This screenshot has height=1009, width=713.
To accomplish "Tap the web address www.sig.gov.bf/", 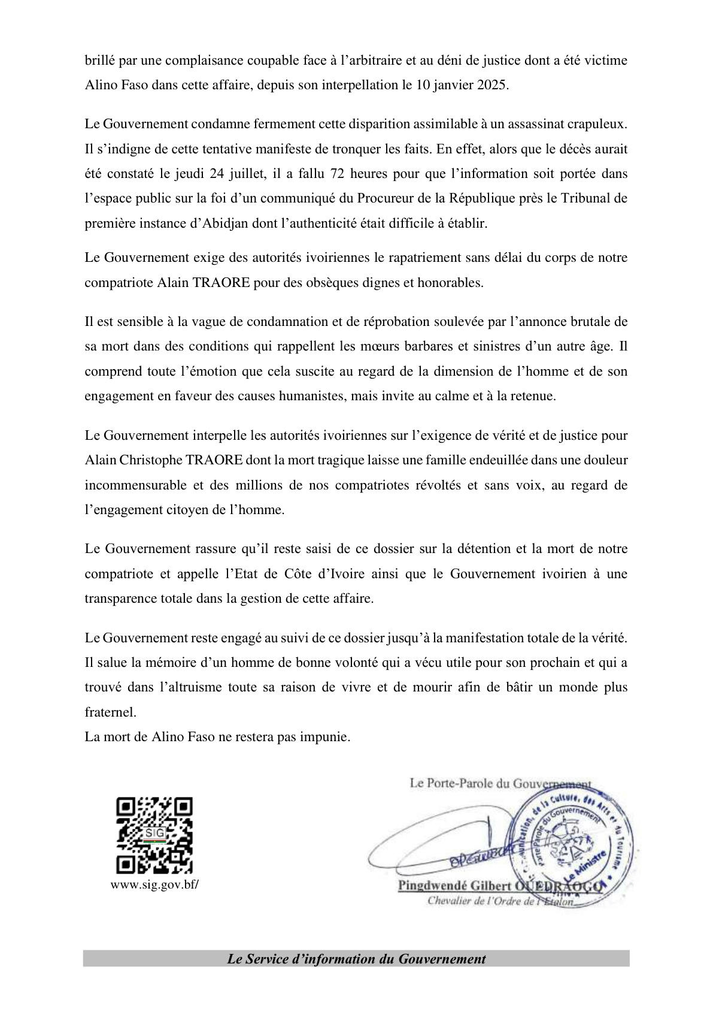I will [x=154, y=885].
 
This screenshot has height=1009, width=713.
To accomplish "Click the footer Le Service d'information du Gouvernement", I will [x=356, y=959].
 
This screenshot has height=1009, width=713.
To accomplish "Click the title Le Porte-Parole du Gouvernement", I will [x=500, y=783].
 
